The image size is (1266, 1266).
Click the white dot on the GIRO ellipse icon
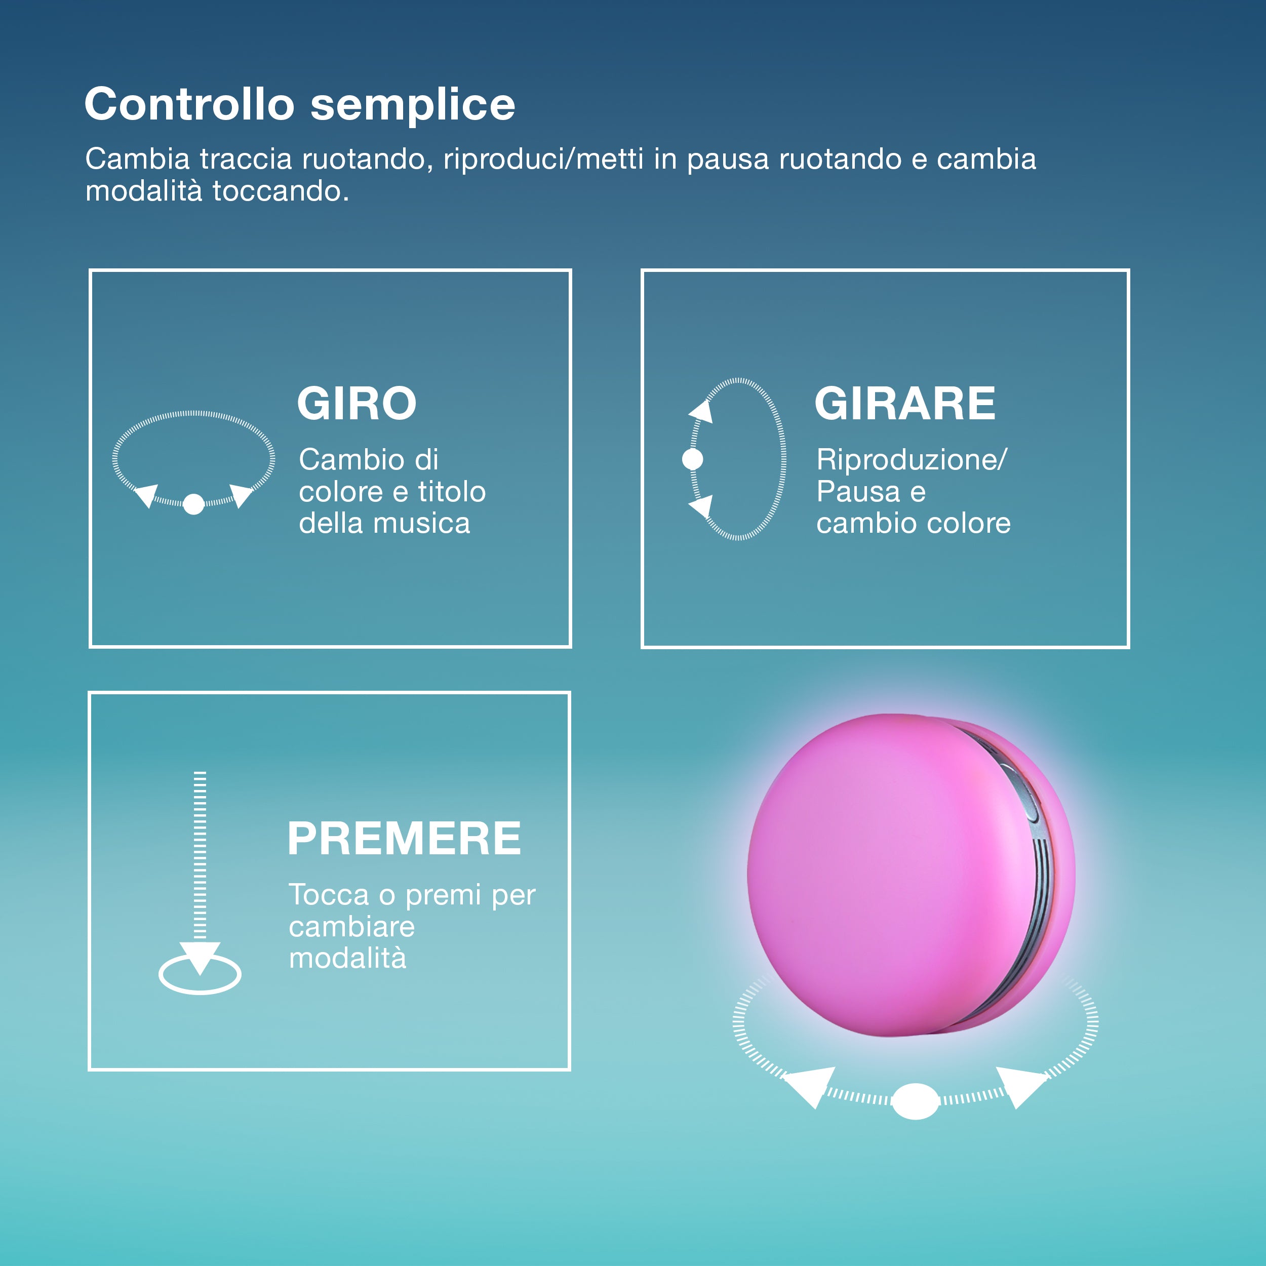point(193,504)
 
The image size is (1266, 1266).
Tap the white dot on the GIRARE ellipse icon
point(693,459)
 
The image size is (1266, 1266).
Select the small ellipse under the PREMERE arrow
point(200,974)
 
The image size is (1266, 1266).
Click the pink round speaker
point(912,875)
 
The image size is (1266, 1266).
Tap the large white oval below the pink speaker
point(916,1101)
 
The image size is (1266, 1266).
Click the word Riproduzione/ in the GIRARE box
point(912,460)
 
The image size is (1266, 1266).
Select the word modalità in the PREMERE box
point(347,958)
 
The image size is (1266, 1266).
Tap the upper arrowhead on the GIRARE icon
point(701,412)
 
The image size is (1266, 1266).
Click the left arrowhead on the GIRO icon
point(147,495)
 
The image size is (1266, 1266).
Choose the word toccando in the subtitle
point(281,191)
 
